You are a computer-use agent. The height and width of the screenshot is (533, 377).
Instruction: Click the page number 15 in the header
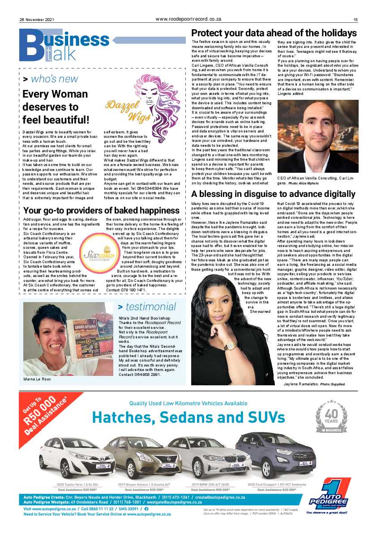pyautogui.click(x=355, y=19)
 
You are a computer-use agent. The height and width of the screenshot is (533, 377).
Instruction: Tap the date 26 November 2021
pyautogui.click(x=37, y=19)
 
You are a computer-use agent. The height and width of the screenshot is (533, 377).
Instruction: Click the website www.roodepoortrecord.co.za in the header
pyautogui.click(x=188, y=19)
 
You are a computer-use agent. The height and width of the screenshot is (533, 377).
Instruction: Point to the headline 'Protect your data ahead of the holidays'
pyautogui.click(x=274, y=33)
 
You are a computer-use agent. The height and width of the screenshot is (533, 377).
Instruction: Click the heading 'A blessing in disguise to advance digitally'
pyautogui.click(x=273, y=194)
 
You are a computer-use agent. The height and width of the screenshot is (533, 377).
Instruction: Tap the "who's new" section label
pyautogui.click(x=50, y=79)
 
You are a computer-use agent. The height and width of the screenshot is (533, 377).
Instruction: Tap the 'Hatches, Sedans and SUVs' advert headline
pyautogui.click(x=188, y=417)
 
